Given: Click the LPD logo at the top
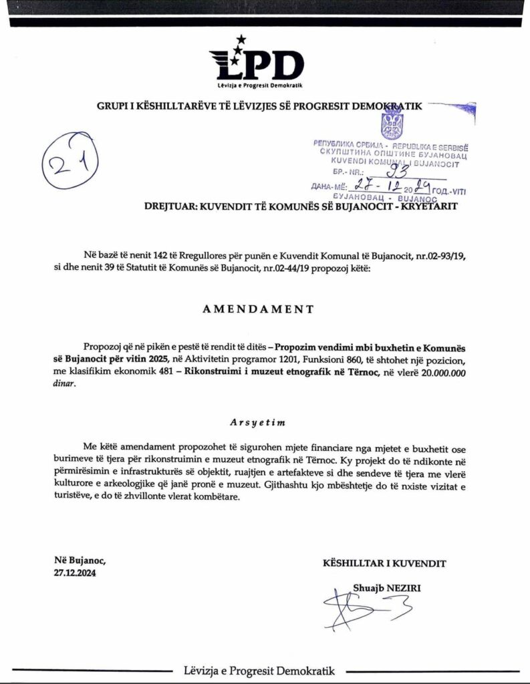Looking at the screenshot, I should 256,65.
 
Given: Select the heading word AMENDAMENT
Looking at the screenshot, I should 258,309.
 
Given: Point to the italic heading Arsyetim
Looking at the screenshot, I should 259,422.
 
